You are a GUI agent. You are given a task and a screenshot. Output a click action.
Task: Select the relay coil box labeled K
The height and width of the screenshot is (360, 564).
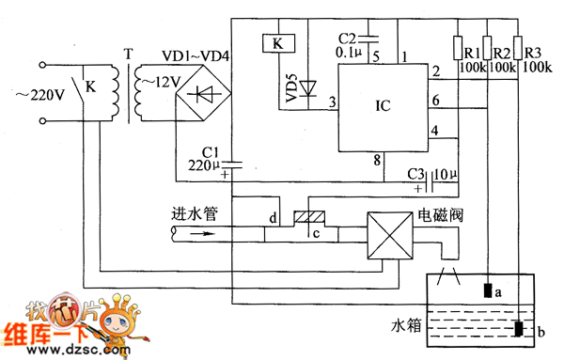276,42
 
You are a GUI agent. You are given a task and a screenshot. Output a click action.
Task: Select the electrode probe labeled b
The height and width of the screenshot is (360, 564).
518,329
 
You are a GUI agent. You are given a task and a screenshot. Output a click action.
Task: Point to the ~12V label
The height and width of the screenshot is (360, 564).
157,83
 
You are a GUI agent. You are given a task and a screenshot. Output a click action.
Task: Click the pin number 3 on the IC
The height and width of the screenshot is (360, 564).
330,102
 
